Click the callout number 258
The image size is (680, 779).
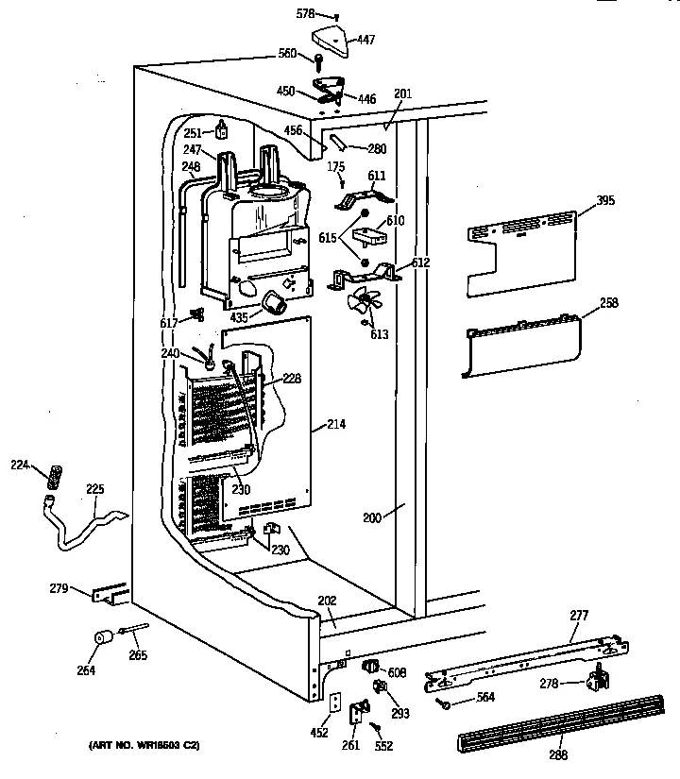pyautogui.click(x=609, y=303)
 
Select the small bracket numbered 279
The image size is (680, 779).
pyautogui.click(x=110, y=593)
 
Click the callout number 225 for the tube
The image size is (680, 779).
pyautogui.click(x=95, y=489)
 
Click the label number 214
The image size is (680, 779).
pyautogui.click(x=336, y=425)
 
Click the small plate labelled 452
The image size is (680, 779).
pyautogui.click(x=333, y=703)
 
